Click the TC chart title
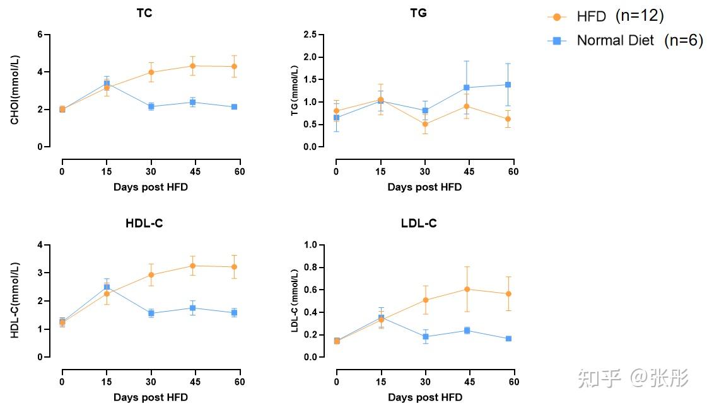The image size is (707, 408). click(x=144, y=13)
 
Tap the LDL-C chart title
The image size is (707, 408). click(x=419, y=224)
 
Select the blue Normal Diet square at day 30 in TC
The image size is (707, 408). click(x=151, y=106)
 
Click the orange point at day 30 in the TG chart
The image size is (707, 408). click(x=425, y=124)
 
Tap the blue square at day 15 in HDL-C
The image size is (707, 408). click(x=107, y=287)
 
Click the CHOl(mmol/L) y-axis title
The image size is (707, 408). click(x=15, y=90)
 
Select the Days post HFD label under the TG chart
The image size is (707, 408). click(x=424, y=187)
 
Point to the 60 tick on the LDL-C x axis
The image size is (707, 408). click(x=513, y=382)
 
